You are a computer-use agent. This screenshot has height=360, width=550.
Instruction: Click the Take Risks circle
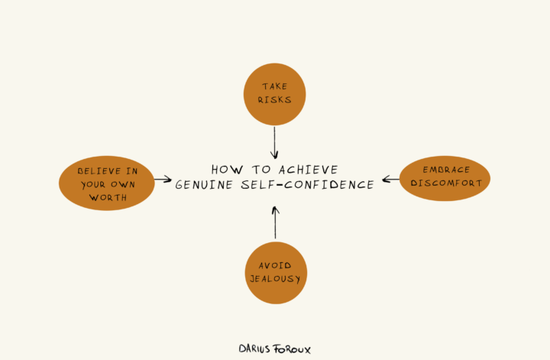(274, 95)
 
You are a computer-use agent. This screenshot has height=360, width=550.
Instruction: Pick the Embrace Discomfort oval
(445, 179)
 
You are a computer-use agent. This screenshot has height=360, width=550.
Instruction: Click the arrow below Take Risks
(274, 142)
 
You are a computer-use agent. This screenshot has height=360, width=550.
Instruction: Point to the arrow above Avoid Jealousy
(275, 222)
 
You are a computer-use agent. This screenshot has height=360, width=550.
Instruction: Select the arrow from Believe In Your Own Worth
(163, 180)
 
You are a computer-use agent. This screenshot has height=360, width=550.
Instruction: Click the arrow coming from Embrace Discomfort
(390, 180)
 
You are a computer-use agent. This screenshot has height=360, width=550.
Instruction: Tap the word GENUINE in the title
(199, 185)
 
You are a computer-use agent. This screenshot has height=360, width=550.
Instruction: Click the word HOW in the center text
(224, 170)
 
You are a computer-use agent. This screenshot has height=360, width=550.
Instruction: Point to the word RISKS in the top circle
(274, 101)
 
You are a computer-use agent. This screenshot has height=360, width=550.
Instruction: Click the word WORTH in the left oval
(107, 198)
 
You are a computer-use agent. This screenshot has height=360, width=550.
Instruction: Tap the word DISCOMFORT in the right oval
(445, 183)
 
